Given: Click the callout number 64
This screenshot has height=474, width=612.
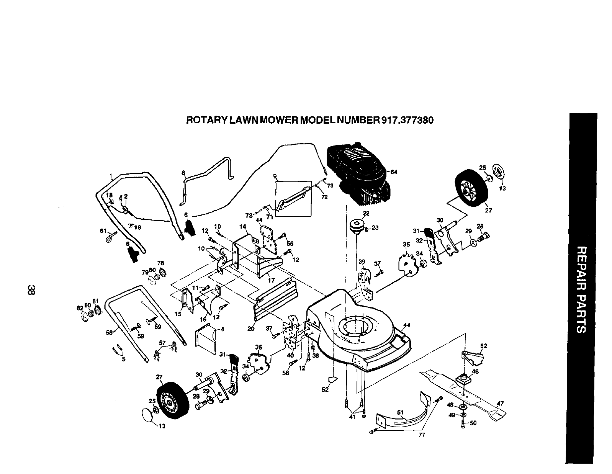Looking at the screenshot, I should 394,172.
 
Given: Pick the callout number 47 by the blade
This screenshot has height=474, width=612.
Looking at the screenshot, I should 500,403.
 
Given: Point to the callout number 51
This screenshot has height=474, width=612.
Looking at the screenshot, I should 401,412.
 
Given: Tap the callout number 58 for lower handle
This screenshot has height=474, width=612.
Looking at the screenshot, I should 110,333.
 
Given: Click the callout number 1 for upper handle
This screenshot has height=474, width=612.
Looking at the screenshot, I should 111,177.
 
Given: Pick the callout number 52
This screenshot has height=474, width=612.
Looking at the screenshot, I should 325,390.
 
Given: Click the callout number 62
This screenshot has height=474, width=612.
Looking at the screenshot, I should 484,346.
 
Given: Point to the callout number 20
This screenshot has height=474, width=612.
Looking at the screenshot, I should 251,329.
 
